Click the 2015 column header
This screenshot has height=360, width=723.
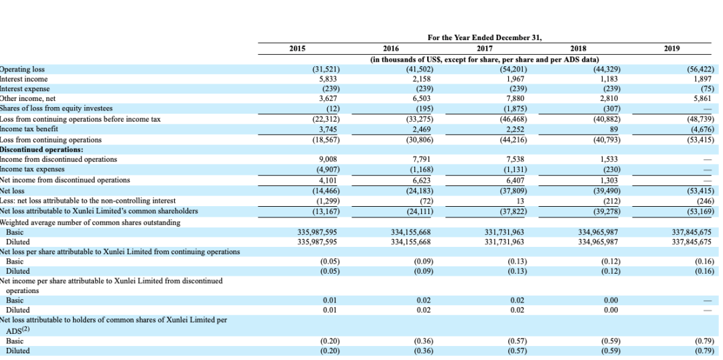[297, 48]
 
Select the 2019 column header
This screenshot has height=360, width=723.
[671, 48]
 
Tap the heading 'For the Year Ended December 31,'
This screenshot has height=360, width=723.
[485, 37]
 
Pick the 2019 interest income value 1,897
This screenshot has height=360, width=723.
[704, 79]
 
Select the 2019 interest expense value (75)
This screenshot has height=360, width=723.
[706, 88]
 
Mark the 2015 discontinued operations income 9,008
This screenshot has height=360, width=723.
[327, 159]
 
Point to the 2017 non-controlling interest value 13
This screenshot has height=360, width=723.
[520, 201]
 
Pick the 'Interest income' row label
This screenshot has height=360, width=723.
[24, 79]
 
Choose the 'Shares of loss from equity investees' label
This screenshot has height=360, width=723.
[56, 108]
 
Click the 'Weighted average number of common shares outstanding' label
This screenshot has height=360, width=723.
[90, 222]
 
